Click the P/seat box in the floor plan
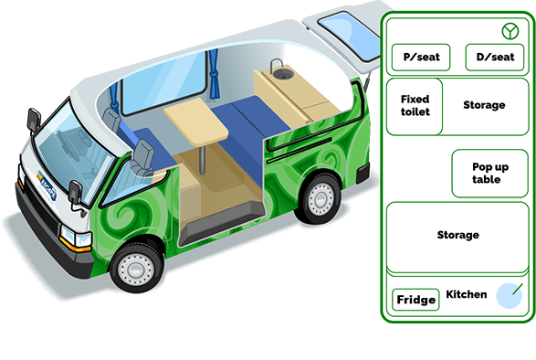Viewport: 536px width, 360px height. [x=420, y=58]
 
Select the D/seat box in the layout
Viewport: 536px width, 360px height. [x=495, y=58]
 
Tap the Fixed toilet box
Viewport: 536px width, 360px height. [x=415, y=106]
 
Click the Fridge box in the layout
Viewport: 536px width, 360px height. [x=415, y=300]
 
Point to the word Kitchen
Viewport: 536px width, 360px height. [x=466, y=295]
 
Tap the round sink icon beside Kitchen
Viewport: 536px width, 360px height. [x=508, y=295]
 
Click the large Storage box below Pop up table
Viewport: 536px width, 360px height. [x=457, y=235]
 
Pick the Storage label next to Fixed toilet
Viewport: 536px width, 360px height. [x=483, y=105]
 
